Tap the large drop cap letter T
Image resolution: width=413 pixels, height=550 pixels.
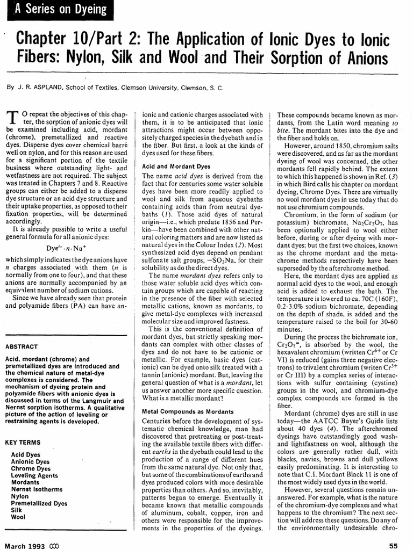pos(14,119)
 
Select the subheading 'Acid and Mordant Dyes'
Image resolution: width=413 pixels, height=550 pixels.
pos(175,167)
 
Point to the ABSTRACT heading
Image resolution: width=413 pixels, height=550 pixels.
pos(21,346)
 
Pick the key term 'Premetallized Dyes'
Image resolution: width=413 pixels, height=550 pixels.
pos(39,503)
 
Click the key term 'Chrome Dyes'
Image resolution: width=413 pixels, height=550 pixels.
pos(31,468)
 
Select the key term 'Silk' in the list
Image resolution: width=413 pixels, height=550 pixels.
pos(17,510)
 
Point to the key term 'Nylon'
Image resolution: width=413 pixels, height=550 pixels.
pos(20,496)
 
